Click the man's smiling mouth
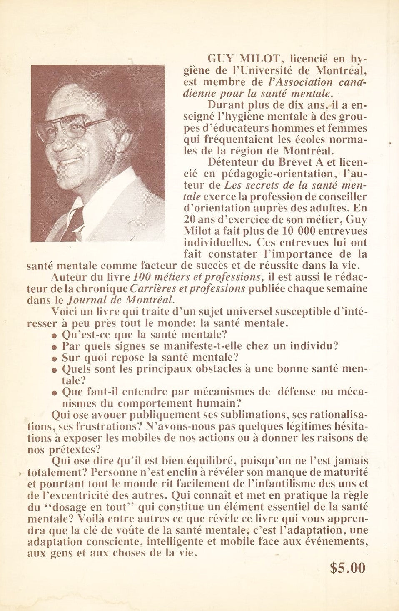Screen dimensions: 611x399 (x=70, y=160)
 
